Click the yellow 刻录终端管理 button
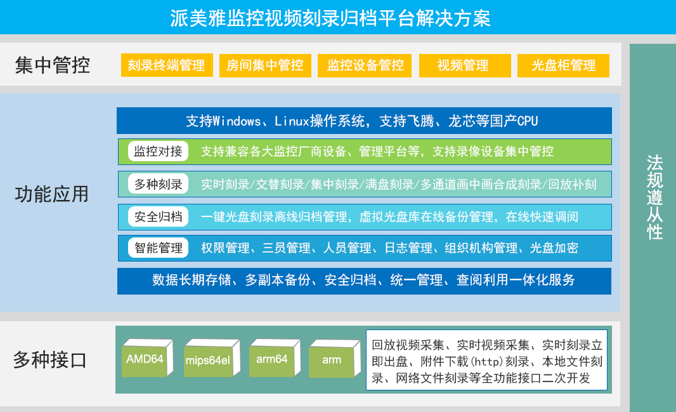coord(166,65)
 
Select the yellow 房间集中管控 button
coord(265,65)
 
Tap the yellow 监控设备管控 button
coord(365,65)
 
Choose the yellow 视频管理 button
coord(465,65)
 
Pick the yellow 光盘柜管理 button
coord(563,65)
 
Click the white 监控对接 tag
coord(158,151)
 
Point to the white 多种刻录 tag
coord(158,184)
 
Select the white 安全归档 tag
coord(158,216)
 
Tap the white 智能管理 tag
coord(158,248)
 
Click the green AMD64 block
coord(145,360)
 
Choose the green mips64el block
coord(208,361)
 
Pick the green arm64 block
coord(272,360)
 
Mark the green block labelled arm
coord(332,361)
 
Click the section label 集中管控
coord(53,65)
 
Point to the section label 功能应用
coord(52,194)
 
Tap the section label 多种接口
coord(50,360)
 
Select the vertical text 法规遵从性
coord(654,197)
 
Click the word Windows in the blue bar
coord(237,121)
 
